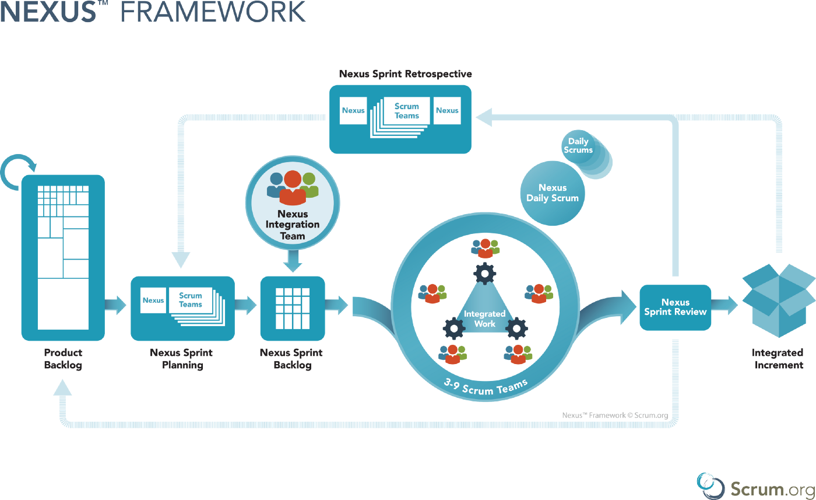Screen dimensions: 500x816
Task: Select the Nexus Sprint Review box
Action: tap(675, 307)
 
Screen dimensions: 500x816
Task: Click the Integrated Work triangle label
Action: tap(484, 319)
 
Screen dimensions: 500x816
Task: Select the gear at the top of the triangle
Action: tap(484, 272)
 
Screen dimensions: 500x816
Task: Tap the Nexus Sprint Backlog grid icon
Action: tap(292, 308)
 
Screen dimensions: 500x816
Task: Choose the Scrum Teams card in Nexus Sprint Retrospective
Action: tap(406, 111)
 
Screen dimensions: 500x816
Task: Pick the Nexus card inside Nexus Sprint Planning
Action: tap(153, 300)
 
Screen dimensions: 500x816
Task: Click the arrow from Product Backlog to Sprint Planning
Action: tap(117, 305)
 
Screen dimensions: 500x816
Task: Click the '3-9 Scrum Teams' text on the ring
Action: tap(486, 387)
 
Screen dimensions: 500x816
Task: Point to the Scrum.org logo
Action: tap(755, 485)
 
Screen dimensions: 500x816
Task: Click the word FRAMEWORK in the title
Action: tap(213, 12)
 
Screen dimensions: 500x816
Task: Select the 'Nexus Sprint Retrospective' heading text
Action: tap(405, 74)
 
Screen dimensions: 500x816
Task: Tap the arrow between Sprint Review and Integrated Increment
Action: tap(726, 305)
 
